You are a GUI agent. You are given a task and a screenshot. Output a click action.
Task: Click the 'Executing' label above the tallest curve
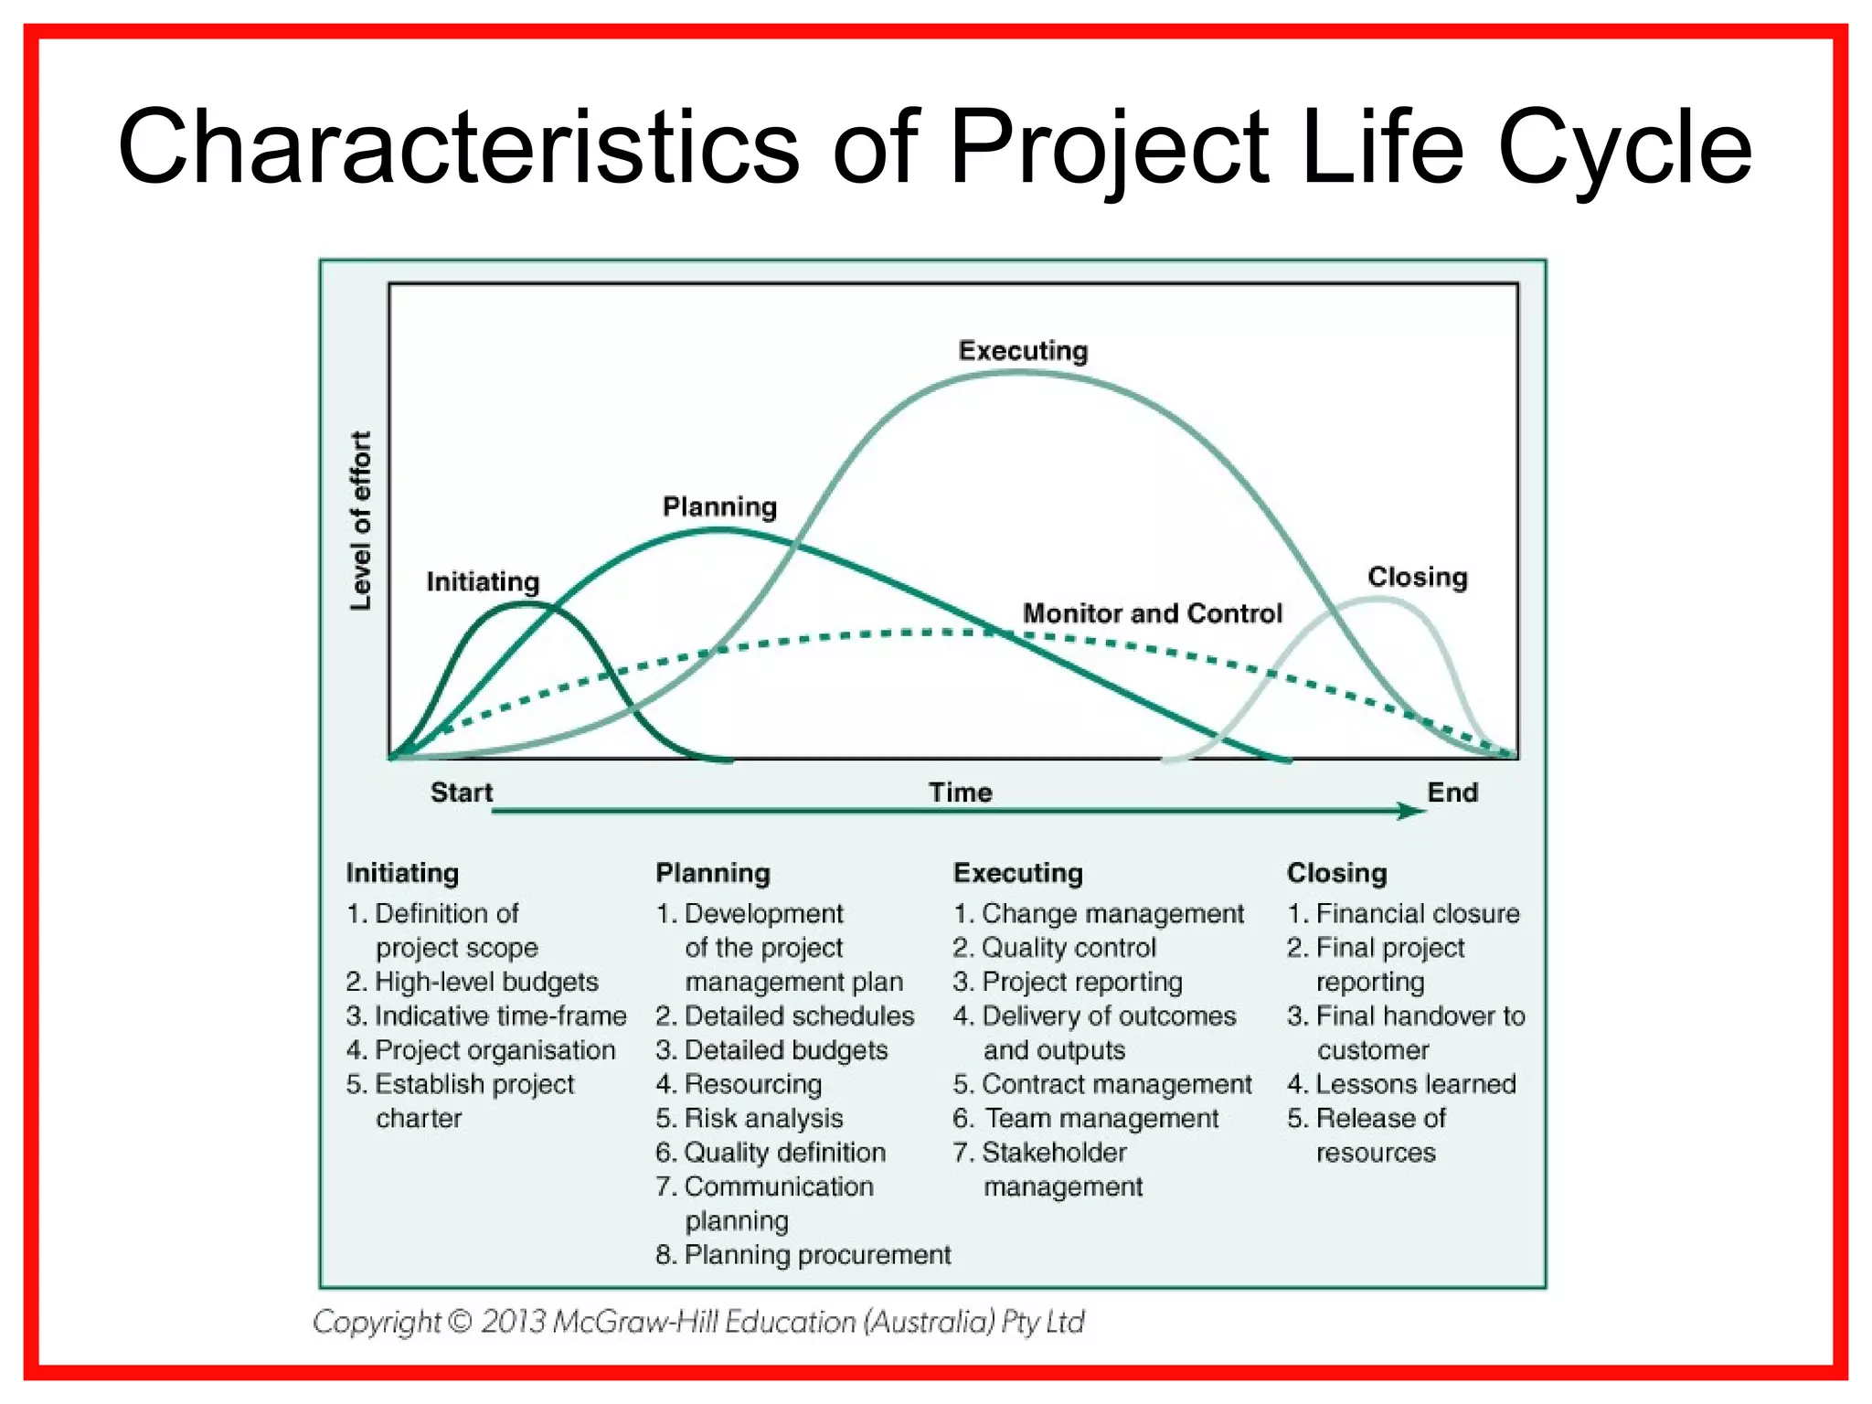pyautogui.click(x=1023, y=351)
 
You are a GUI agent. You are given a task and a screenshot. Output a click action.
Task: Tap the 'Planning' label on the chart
pyautogui.click(x=719, y=506)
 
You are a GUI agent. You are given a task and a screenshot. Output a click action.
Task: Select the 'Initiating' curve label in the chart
pyautogui.click(x=483, y=581)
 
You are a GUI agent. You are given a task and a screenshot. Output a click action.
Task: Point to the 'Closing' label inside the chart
pyautogui.click(x=1417, y=577)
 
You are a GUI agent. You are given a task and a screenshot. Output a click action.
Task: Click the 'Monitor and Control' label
pyautogui.click(x=1152, y=613)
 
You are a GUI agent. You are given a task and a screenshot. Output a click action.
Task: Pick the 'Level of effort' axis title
pyautogui.click(x=362, y=521)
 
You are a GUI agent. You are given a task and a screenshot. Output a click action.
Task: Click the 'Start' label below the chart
pyautogui.click(x=461, y=792)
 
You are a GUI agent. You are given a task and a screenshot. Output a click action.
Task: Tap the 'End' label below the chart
pyautogui.click(x=1452, y=792)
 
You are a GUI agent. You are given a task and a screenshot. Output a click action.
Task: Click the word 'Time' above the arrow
pyautogui.click(x=960, y=792)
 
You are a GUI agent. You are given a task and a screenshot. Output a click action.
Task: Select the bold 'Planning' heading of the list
pyautogui.click(x=713, y=873)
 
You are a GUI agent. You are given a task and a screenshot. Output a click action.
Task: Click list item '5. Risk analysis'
pyautogui.click(x=750, y=1118)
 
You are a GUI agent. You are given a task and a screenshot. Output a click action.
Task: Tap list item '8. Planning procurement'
pyautogui.click(x=803, y=1255)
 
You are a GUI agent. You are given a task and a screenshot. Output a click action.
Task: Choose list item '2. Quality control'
pyautogui.click(x=1054, y=948)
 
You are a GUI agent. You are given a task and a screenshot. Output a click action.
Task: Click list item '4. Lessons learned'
pyautogui.click(x=1401, y=1084)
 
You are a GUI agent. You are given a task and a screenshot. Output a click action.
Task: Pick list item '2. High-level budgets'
pyautogui.click(x=473, y=982)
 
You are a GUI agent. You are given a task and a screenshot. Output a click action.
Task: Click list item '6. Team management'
pyautogui.click(x=1086, y=1118)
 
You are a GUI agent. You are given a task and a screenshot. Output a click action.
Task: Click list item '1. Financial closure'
pyautogui.click(x=1403, y=913)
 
